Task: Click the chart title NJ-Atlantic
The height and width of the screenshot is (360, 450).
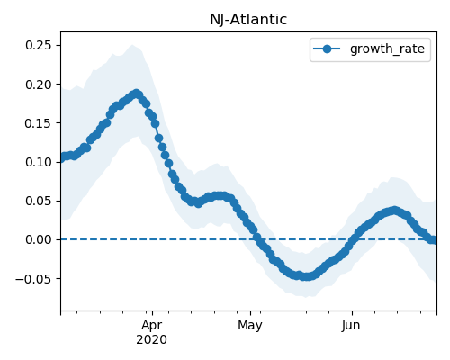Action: (248, 20)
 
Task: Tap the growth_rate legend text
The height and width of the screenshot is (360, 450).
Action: (387, 49)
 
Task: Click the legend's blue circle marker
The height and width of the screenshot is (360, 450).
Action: (327, 49)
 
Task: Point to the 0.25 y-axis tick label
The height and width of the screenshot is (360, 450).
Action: (39, 46)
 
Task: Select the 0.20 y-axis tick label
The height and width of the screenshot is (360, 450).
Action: (39, 85)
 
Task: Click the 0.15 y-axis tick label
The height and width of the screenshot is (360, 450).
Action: (39, 123)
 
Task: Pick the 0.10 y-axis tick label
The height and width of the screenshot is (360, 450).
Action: (39, 162)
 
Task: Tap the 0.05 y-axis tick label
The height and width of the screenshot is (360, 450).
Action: (39, 201)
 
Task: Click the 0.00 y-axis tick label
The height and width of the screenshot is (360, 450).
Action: (39, 240)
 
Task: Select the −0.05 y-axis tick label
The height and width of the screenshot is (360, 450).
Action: (33, 279)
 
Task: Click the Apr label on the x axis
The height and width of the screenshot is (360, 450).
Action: (152, 325)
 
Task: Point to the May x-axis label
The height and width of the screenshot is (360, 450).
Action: (250, 326)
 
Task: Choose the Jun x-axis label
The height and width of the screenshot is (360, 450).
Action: (351, 326)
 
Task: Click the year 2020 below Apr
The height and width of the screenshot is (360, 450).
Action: (151, 340)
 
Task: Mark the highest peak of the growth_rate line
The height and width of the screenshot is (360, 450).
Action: (137, 94)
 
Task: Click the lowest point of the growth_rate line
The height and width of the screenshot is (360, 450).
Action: (305, 276)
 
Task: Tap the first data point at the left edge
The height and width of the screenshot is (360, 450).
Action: (61, 158)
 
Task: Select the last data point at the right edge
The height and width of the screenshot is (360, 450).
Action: (435, 240)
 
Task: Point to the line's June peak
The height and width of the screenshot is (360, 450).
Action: (394, 211)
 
